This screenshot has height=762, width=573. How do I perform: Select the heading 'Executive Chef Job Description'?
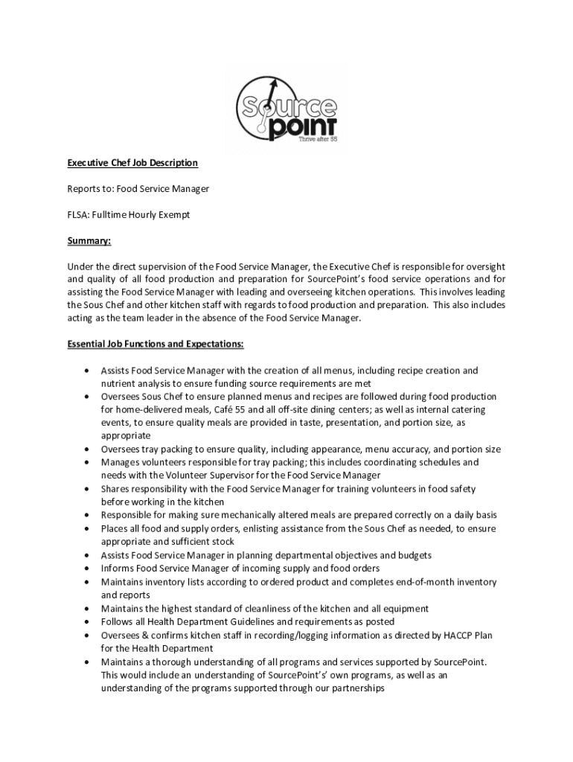[x=132, y=162]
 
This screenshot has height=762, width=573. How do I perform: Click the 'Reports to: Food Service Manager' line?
[x=138, y=188]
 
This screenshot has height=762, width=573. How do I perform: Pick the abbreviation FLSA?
[x=79, y=214]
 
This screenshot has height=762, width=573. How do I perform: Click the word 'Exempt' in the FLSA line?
[x=173, y=214]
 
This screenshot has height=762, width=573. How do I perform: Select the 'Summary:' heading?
[x=89, y=240]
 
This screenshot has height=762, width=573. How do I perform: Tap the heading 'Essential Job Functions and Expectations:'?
[x=155, y=345]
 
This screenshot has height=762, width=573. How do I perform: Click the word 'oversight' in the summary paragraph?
[x=484, y=266]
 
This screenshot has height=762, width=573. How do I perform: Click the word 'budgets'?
[x=413, y=555]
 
